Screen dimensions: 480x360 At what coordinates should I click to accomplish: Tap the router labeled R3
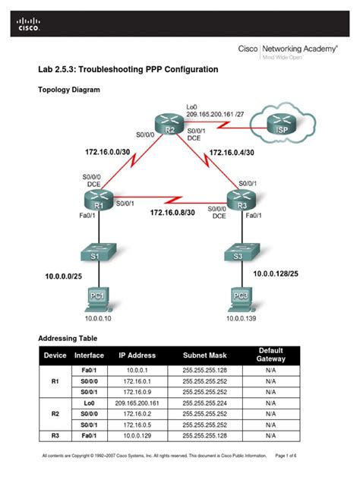tap(242, 199)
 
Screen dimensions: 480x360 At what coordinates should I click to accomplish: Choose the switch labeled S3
tap(242, 251)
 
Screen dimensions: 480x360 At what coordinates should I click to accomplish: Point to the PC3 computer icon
tap(242, 298)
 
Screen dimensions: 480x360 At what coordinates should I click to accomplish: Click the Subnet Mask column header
tap(204, 355)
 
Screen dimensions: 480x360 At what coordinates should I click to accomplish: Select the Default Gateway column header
tap(271, 355)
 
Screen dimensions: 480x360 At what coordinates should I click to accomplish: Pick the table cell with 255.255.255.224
tap(204, 403)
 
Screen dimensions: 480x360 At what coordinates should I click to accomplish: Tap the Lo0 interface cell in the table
tap(89, 403)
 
